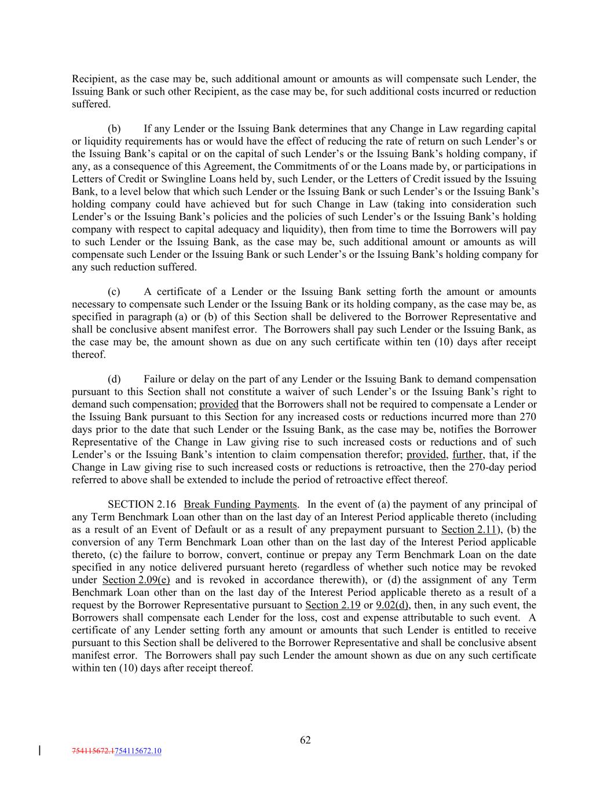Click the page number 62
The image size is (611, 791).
(305, 739)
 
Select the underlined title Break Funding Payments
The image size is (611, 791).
(240, 504)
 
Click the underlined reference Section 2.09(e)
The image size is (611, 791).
(136, 580)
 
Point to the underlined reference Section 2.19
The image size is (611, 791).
(332, 606)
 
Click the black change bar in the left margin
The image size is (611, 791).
(39, 751)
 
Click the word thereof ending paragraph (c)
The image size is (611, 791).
(89, 355)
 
